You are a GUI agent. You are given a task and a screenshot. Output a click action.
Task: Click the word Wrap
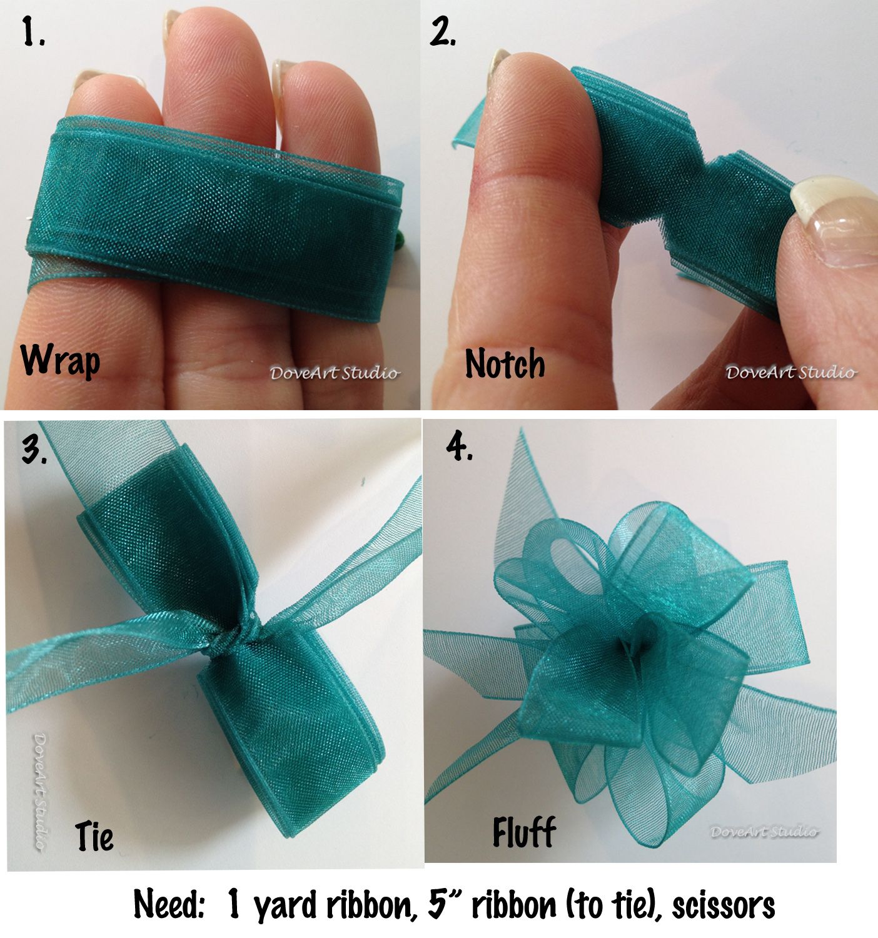(60, 361)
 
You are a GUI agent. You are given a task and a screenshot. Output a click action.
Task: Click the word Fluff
(524, 832)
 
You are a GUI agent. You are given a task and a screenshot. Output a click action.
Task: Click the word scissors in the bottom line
(724, 905)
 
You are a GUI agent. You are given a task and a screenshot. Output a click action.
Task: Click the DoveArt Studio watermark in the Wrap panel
(335, 373)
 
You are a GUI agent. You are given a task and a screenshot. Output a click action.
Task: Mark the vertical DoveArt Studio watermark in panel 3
(41, 792)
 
